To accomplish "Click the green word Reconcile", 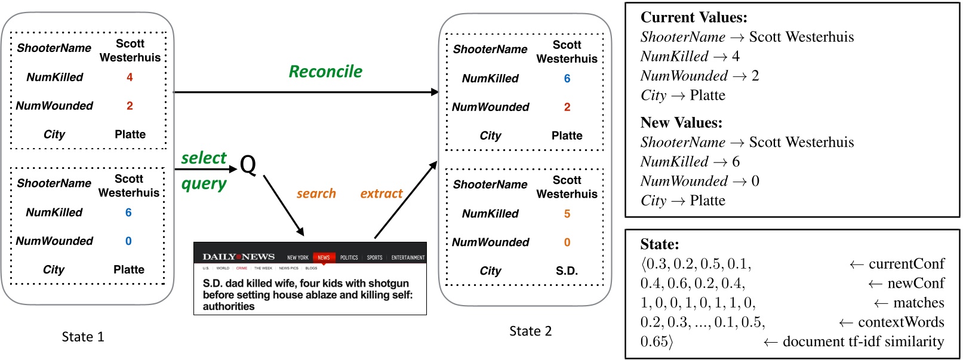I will pos(325,72).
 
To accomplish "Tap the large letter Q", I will pos(248,164).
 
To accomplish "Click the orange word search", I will pos(316,193).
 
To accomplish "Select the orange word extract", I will pos(381,193).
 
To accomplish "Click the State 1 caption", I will pos(83,337).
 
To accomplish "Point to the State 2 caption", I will pos(530,331).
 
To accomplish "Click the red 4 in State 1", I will pos(130,77).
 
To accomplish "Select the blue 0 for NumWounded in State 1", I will pos(128,241).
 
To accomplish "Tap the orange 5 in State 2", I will pos(567,214).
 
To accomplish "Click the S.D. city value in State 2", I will pos(567,271).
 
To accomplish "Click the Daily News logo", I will pos(238,257).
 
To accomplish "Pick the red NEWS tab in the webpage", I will pos(324,257).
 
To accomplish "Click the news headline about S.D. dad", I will pos(307,295).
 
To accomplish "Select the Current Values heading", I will pos(693,17).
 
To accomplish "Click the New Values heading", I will pos(681,122).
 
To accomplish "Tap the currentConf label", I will pos(906,264).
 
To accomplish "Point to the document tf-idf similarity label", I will pos(863,341).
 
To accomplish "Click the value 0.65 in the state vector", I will pos(654,341).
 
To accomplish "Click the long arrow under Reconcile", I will pos(306,92).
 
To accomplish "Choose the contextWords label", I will pos(901,322).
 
